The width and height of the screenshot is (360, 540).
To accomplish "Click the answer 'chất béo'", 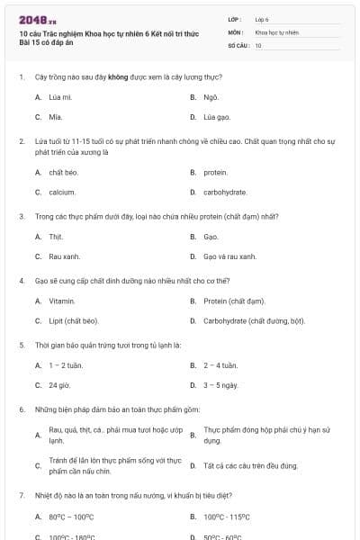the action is (63, 172).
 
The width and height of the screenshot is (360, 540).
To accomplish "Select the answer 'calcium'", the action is (62, 193).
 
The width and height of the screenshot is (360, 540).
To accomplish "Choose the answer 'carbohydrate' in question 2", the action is (225, 193).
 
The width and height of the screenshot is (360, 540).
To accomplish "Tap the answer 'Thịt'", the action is (56, 237).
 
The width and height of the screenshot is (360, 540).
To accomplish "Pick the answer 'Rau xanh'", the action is (64, 256).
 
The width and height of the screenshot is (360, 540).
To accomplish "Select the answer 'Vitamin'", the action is (61, 301).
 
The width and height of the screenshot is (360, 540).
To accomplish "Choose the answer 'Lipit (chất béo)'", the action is (74, 321).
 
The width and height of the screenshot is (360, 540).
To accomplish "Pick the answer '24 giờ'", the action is (58, 385).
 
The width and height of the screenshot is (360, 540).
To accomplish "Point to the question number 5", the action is (21, 345).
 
